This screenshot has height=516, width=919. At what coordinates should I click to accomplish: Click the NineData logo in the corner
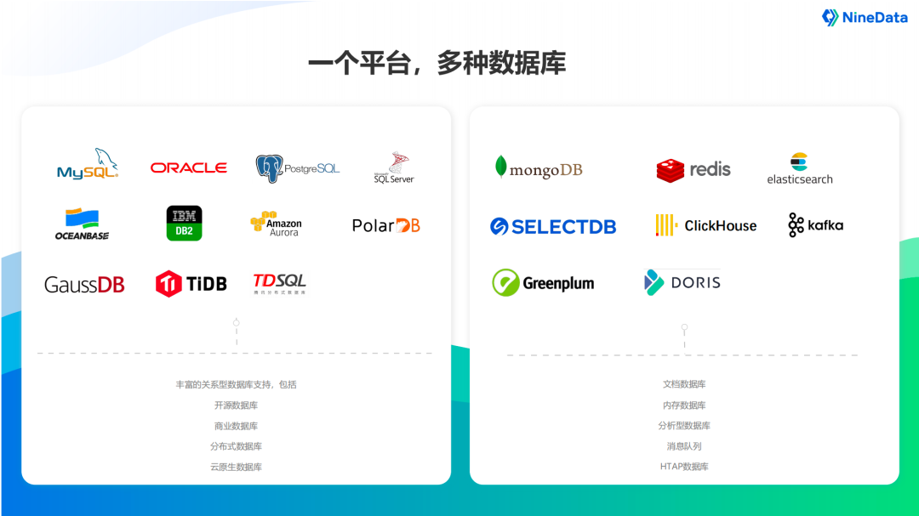coord(865,18)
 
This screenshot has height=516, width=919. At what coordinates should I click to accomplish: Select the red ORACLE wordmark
coord(188,168)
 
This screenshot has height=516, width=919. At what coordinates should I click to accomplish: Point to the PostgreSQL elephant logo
coord(297,167)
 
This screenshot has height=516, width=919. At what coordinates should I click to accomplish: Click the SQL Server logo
coord(393,168)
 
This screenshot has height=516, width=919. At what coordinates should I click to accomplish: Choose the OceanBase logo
coord(82,224)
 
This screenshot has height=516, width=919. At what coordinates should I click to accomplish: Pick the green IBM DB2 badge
coord(184,223)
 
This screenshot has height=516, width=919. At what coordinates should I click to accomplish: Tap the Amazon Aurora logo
coord(276,224)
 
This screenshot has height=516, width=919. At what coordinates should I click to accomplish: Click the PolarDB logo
coord(385,225)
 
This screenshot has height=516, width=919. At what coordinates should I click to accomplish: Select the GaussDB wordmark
coord(84,285)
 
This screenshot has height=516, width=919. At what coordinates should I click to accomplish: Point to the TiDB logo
coord(191,283)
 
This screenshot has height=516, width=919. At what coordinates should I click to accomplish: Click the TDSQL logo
coord(279,283)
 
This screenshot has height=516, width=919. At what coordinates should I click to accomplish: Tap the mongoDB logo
coord(539,168)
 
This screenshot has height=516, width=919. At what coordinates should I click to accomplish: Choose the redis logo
coord(694,169)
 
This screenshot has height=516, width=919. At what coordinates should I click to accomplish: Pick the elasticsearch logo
coord(800,168)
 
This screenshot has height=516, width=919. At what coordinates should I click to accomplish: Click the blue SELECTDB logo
coord(553,226)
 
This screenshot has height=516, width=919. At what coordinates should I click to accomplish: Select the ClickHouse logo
coord(705,225)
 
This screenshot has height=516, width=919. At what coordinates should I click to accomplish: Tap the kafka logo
coord(815,225)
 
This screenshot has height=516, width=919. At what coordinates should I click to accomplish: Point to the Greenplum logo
coord(543,283)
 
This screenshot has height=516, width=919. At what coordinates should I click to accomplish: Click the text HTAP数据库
coord(684,467)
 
